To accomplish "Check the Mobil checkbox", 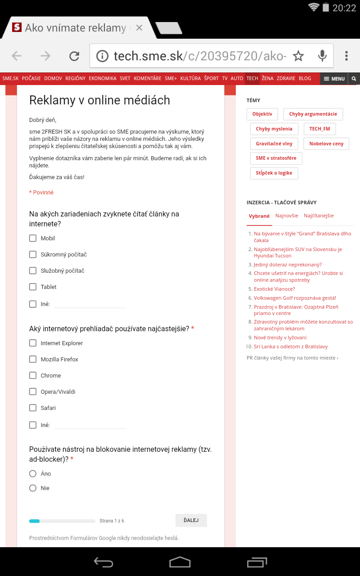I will (33, 238).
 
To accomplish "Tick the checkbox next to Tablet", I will (33, 287).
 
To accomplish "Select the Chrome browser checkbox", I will (33, 375).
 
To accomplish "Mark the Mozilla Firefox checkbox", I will (33, 359).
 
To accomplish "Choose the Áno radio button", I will (33, 473).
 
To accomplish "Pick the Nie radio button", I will (33, 488).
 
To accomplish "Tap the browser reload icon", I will (74, 56).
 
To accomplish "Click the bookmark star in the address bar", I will (298, 56).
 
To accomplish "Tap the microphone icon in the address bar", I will (322, 56).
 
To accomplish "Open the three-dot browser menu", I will (346, 56).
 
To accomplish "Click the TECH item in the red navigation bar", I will (252, 78).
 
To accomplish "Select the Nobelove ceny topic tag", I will (326, 144).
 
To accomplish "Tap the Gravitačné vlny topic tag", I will (274, 144).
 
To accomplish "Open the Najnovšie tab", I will (287, 216).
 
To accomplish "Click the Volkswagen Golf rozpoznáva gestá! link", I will (295, 298).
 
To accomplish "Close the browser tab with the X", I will (139, 28).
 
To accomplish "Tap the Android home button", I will (180, 562).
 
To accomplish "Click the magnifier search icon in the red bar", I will (354, 78).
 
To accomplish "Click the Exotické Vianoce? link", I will (274, 289).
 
